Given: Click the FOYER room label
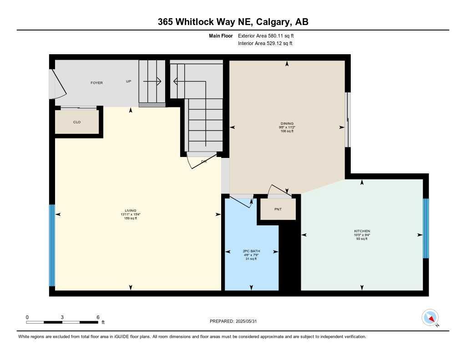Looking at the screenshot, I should [96, 83].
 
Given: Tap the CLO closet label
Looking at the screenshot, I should [77, 122].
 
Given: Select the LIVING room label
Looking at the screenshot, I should [131, 210].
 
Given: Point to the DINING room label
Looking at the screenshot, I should [287, 123].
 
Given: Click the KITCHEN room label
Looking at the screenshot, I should [362, 231].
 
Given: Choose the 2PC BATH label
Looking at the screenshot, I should [251, 251].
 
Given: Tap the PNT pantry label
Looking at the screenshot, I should [278, 209].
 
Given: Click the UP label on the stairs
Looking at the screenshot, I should [129, 82].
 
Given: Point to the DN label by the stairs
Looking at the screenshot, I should [204, 162].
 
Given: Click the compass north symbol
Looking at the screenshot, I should [430, 317].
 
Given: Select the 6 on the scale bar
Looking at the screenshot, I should [98, 317].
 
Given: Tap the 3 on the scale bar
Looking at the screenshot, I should [62, 317].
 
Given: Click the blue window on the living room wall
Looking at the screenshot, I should [52, 245].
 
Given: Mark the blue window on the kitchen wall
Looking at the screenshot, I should [426, 228].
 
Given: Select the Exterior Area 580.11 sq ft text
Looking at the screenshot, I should [269, 35].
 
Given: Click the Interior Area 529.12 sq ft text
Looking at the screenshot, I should [265, 44].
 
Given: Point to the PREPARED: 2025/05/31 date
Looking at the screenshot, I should [236, 321].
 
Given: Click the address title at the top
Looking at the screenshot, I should [233, 21].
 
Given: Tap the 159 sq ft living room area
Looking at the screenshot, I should [131, 218].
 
